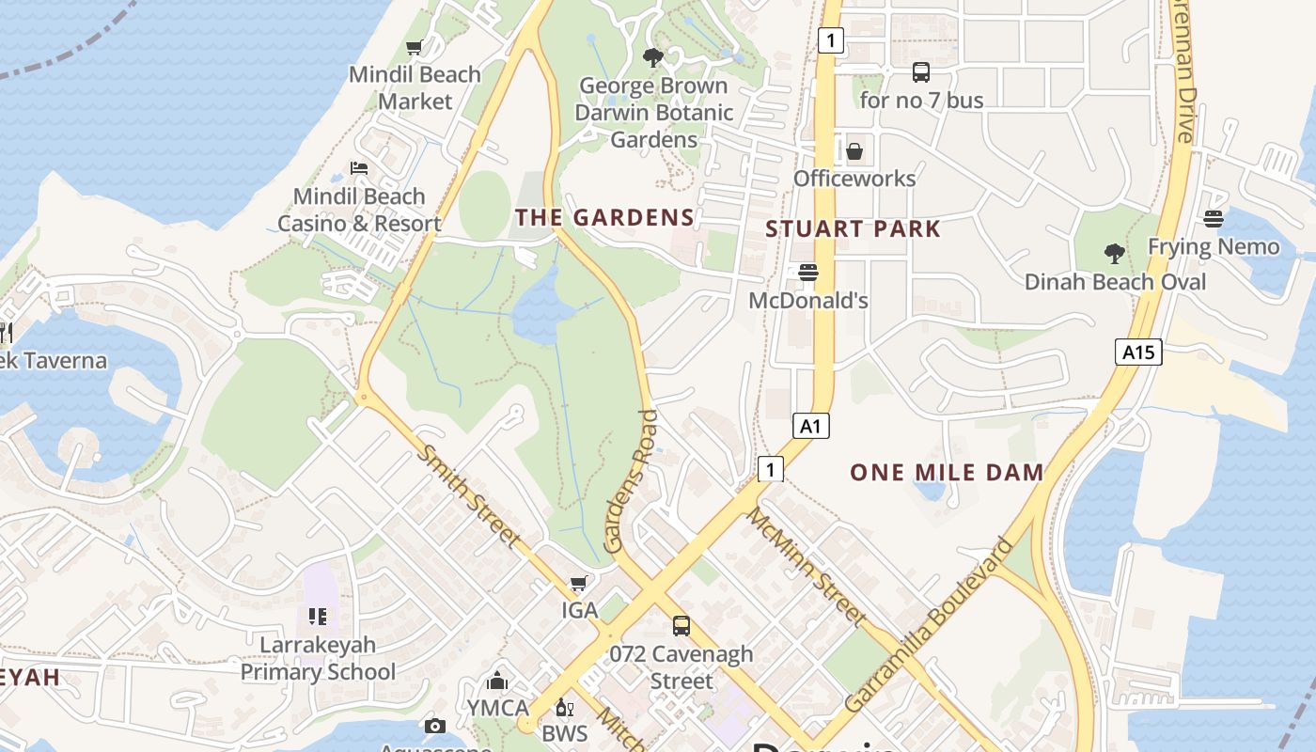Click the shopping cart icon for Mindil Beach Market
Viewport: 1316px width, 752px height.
(x=414, y=47)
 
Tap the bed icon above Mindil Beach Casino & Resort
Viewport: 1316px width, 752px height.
(x=359, y=168)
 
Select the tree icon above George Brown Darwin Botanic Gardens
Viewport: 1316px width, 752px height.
(x=652, y=58)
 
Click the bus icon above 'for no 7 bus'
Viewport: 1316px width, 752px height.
(x=921, y=72)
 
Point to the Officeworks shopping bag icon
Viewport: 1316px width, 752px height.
(x=854, y=151)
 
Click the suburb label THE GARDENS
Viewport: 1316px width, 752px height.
(x=604, y=218)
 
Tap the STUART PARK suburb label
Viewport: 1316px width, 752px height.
(x=853, y=229)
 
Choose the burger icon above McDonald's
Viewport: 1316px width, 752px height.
(x=808, y=273)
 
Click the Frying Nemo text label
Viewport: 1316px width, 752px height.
(x=1214, y=247)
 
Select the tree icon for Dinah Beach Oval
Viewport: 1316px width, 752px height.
(x=1114, y=253)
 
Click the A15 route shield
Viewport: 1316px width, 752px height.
(x=1139, y=352)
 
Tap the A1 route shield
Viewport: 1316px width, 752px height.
(x=810, y=426)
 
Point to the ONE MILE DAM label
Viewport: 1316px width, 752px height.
(x=947, y=473)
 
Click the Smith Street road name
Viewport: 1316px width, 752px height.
(x=468, y=495)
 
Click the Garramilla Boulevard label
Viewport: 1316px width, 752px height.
(x=931, y=625)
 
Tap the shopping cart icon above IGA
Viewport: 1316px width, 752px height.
(x=580, y=583)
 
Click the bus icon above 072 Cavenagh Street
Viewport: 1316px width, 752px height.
(x=681, y=626)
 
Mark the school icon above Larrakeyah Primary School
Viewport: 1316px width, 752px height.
(x=318, y=617)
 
